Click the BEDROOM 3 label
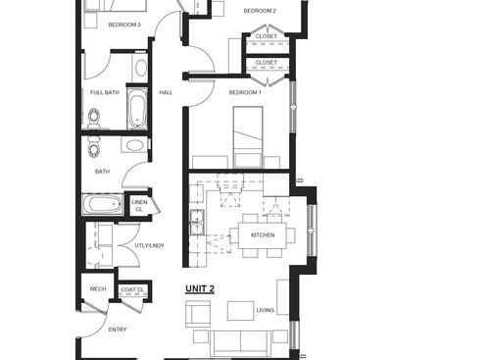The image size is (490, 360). (x=124, y=25)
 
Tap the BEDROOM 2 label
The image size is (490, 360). (x=260, y=11)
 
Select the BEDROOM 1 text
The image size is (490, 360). (x=245, y=92)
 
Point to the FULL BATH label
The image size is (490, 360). (x=105, y=92)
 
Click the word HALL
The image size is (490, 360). (x=166, y=92)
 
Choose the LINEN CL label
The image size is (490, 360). (x=139, y=206)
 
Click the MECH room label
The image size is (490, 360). (x=98, y=288)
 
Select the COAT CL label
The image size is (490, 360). (x=132, y=289)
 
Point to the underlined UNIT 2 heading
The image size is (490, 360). (x=200, y=288)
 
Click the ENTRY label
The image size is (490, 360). (x=118, y=330)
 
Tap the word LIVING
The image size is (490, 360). (x=266, y=310)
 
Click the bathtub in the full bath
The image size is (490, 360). (x=136, y=111)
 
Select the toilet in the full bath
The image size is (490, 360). (x=93, y=119)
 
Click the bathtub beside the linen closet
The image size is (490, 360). (x=102, y=205)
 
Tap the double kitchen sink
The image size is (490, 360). (x=196, y=224)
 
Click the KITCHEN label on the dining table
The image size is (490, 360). (x=262, y=235)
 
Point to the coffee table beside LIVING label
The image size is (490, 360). (x=240, y=310)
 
